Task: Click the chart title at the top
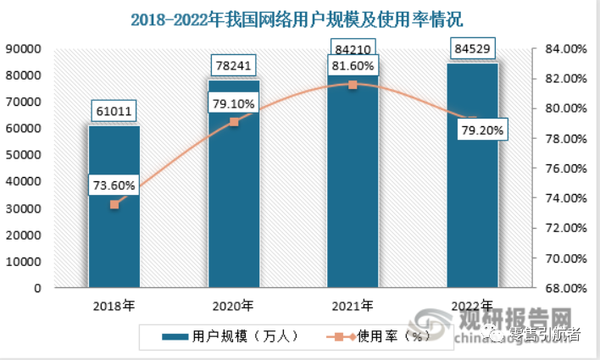302,18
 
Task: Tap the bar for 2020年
234,212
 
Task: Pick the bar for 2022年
473,212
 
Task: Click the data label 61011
114,110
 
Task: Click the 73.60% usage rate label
114,185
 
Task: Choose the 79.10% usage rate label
234,102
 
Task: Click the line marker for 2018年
114,204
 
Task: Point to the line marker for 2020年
234,122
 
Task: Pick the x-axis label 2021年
353,305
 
